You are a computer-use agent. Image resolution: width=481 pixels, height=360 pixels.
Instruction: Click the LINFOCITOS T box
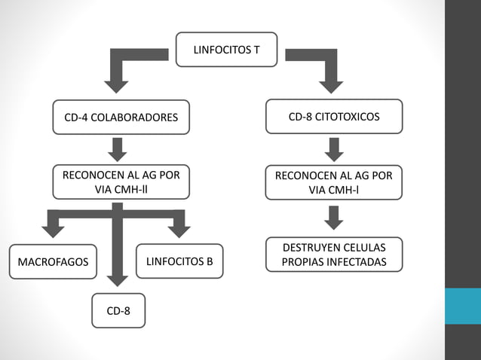(x=227, y=50)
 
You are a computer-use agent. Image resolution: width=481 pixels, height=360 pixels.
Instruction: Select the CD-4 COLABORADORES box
(x=121, y=117)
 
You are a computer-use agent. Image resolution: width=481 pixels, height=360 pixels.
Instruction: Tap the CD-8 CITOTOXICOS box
(x=334, y=117)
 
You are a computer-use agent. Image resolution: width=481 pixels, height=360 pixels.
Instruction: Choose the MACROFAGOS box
(x=53, y=262)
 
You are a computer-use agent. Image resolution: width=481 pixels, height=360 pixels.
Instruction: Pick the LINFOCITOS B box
(x=179, y=261)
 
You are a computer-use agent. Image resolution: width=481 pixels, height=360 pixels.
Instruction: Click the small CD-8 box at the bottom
(x=118, y=310)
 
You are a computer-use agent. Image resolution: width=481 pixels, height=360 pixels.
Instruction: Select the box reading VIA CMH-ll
(x=121, y=182)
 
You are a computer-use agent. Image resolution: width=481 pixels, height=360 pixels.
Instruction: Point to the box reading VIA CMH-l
(x=334, y=182)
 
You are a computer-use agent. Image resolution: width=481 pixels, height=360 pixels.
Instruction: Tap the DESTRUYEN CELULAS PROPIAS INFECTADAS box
(x=334, y=255)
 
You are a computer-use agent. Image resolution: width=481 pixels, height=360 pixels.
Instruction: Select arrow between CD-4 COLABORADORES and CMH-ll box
(x=117, y=149)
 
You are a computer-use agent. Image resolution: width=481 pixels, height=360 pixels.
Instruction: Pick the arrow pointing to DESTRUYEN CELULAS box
(x=335, y=218)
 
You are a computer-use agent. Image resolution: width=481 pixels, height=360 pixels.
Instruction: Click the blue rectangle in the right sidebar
(x=462, y=306)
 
